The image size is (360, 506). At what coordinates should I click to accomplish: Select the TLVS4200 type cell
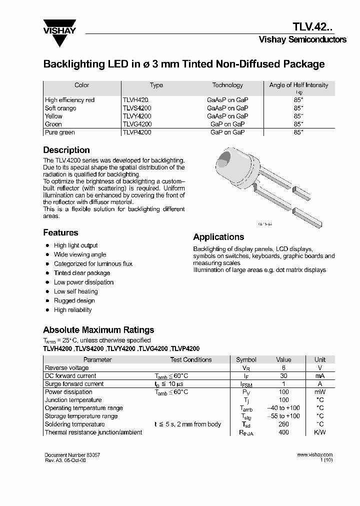coord(137,108)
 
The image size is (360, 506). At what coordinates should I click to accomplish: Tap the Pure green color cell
coord(59,132)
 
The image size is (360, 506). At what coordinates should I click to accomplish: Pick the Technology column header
coord(227,85)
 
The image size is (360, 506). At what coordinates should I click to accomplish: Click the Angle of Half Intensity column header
coord(298,85)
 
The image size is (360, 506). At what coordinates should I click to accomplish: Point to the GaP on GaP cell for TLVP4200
coord(227,132)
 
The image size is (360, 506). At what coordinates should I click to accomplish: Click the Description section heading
coord(66,150)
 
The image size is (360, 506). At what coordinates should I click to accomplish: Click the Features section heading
coord(60,232)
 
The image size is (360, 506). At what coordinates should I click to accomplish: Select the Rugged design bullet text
coord(74,300)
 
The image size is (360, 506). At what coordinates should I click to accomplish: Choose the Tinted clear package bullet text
coord(82,273)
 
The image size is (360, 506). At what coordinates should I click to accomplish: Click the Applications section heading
coord(218,237)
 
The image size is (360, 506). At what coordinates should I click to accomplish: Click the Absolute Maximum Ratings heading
coord(98,330)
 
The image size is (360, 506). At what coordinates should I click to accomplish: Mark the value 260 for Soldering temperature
coord(283,424)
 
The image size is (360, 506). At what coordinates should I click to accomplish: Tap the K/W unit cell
coord(319,432)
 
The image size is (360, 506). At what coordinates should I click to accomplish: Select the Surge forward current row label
coord(74,384)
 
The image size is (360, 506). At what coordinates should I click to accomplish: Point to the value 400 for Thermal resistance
coord(283,432)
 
